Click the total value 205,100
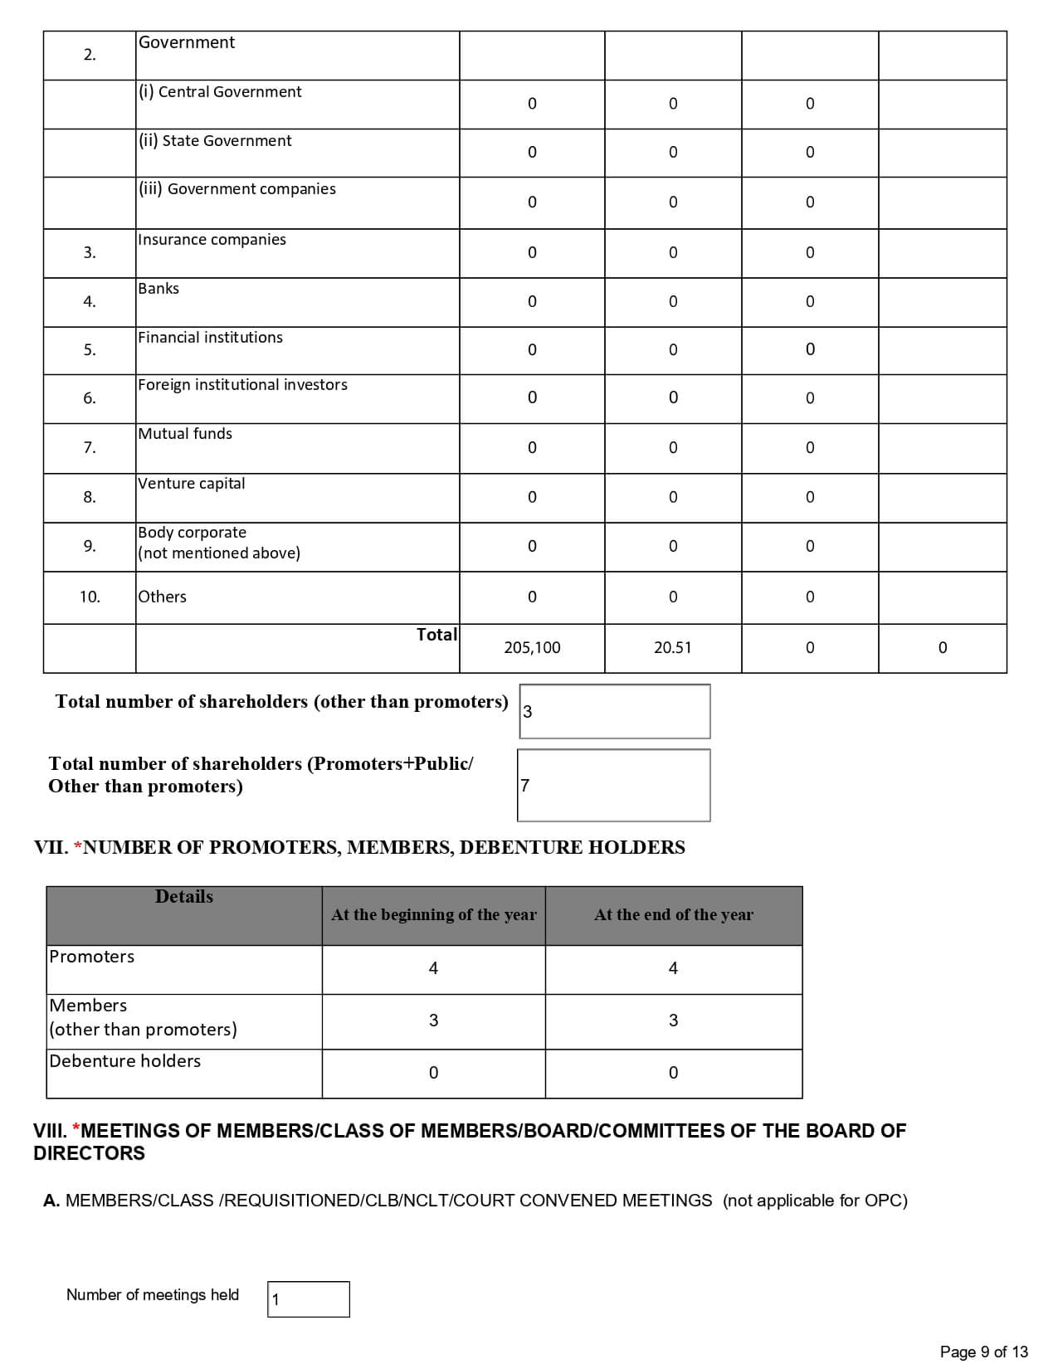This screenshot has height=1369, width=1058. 532,648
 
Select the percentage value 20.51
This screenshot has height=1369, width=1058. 672,648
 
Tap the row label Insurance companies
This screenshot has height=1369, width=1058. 212,240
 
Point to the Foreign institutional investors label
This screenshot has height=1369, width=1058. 242,385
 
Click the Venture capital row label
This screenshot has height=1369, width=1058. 191,484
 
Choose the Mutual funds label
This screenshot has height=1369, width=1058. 185,434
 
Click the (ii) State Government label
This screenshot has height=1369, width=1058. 215,141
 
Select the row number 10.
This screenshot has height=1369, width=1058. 90,597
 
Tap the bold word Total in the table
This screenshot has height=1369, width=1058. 436,635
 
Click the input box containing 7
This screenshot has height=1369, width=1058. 613,785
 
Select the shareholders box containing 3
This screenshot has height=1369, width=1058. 614,711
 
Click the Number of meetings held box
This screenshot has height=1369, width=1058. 308,1299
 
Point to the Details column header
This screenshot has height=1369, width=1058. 184,897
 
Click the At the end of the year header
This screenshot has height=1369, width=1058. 673,915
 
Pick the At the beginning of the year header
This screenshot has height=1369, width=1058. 433,915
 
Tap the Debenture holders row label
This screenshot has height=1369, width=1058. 124,1061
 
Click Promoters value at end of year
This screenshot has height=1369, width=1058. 673,968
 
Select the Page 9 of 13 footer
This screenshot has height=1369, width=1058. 983,1352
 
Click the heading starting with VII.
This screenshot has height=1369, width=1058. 359,848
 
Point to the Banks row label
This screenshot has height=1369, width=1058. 158,289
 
